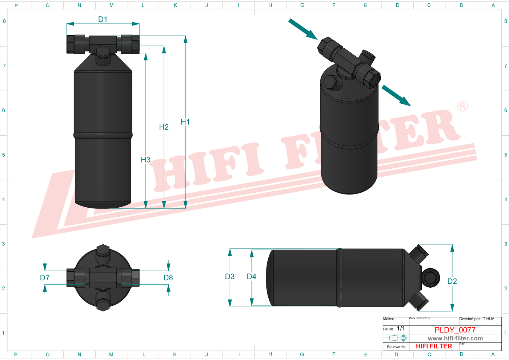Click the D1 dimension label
[103, 19]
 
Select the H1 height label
[185, 122]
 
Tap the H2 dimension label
[164, 127]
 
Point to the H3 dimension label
[145, 160]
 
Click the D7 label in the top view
[45, 278]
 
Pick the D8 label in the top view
[168, 278]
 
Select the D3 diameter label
[230, 277]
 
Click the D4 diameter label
[252, 277]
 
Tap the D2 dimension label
[452, 281]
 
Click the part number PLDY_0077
[455, 330]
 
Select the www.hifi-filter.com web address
[455, 338]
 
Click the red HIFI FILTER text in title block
[434, 346]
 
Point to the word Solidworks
[396, 347]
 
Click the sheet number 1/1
[401, 328]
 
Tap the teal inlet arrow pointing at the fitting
[303, 29]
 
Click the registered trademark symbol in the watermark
[462, 107]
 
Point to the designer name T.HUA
[488, 319]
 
